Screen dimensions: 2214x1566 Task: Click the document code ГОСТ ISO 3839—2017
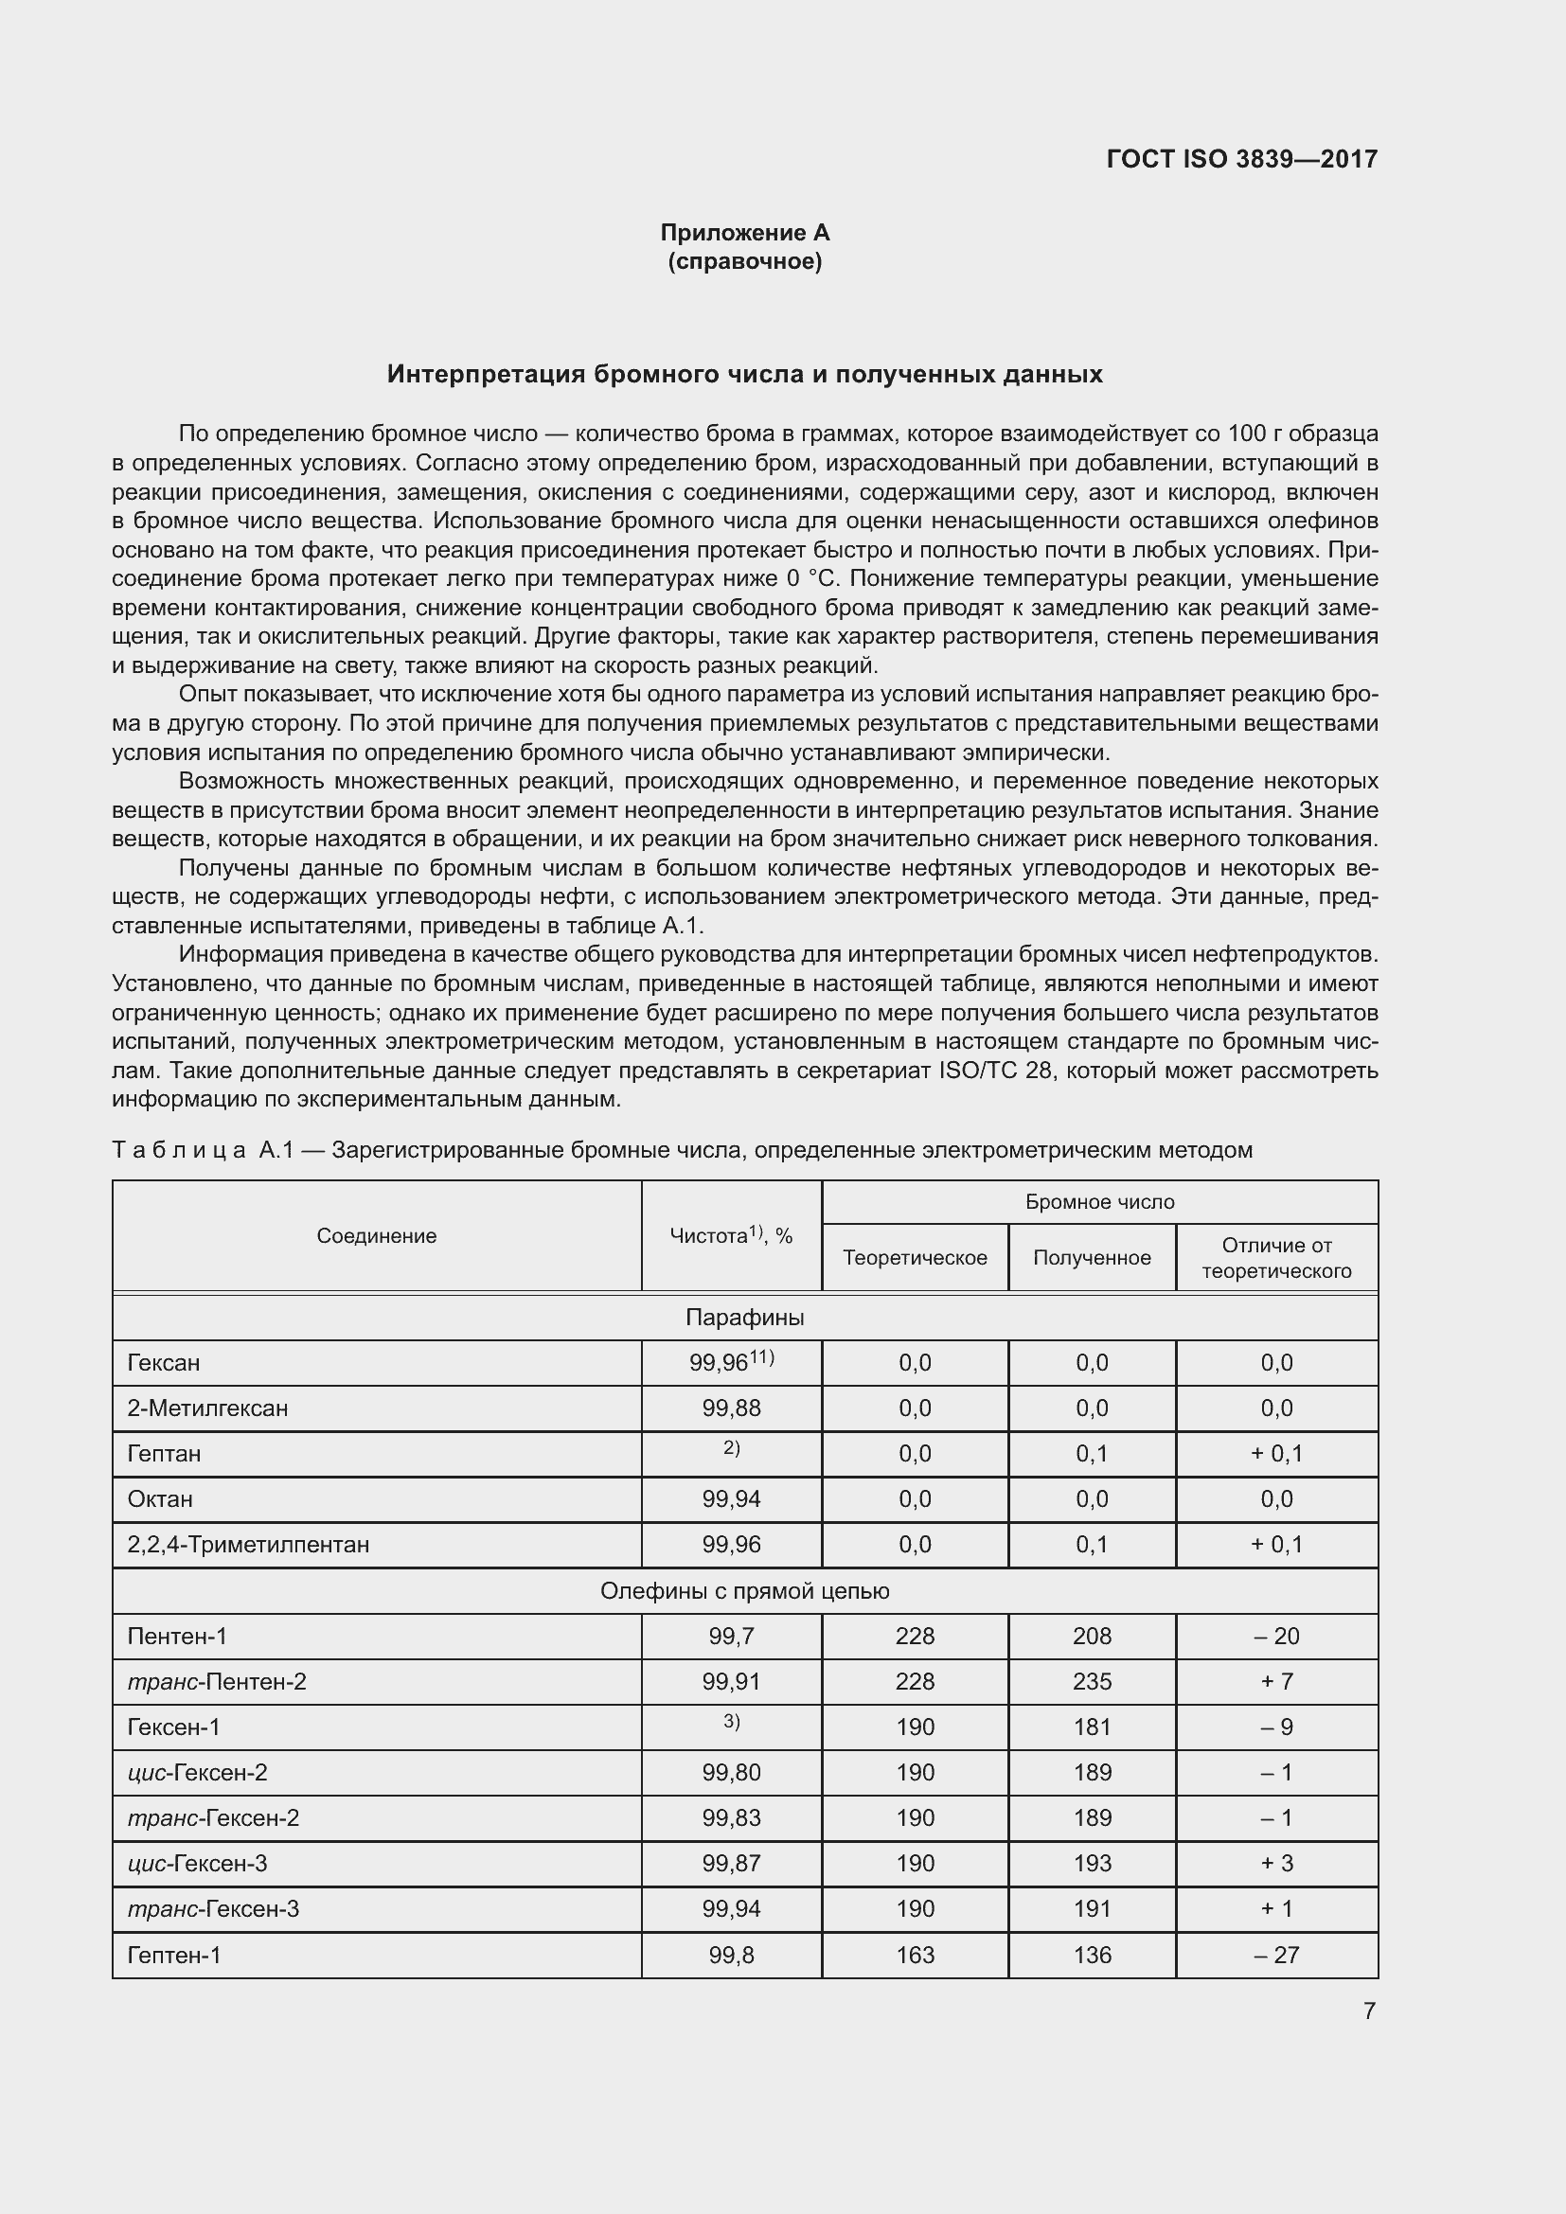coord(1241,159)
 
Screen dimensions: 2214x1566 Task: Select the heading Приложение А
coord(744,233)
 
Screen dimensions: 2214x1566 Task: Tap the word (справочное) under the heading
coord(744,261)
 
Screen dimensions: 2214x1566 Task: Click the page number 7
coord(1368,2010)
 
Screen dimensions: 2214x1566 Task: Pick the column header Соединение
coord(376,1236)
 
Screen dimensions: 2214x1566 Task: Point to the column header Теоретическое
coord(915,1257)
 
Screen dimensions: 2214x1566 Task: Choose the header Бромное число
coord(1099,1201)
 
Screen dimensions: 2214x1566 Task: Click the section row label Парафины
coord(744,1318)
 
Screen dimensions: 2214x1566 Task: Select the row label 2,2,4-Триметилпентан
coord(248,1544)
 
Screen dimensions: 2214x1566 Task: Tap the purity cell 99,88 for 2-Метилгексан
coord(731,1408)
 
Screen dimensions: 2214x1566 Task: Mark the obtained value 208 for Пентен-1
coord(1092,1636)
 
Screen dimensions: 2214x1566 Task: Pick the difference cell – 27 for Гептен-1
coord(1275,1955)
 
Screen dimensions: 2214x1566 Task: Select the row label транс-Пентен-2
coord(217,1681)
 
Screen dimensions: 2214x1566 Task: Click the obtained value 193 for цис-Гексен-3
coord(1092,1863)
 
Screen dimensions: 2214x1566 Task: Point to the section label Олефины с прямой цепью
coord(744,1590)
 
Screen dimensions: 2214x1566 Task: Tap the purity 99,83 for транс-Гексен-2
coord(731,1817)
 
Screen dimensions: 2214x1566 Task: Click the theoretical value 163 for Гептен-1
coord(915,1955)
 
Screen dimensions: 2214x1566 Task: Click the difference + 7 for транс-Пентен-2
coord(1275,1681)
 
